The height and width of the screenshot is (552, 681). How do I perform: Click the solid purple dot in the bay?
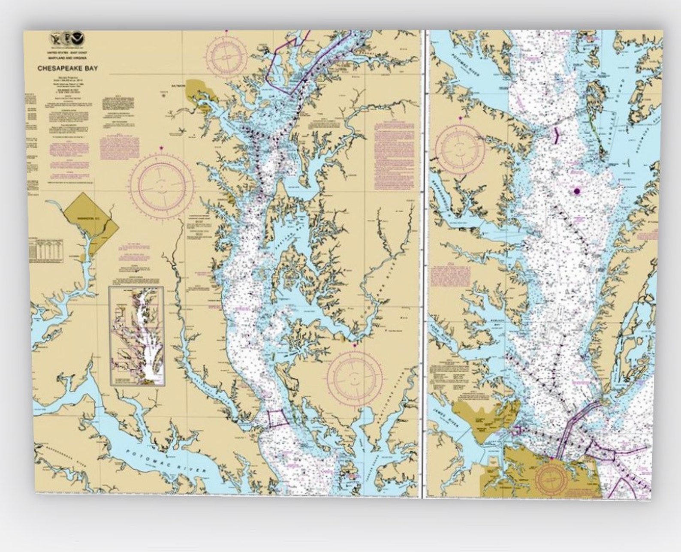[x=577, y=191]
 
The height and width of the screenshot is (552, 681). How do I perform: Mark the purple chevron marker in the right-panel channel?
[x=557, y=136]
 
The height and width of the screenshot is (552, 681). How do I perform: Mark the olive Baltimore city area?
[x=201, y=91]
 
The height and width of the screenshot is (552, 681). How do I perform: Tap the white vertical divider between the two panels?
[x=423, y=264]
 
